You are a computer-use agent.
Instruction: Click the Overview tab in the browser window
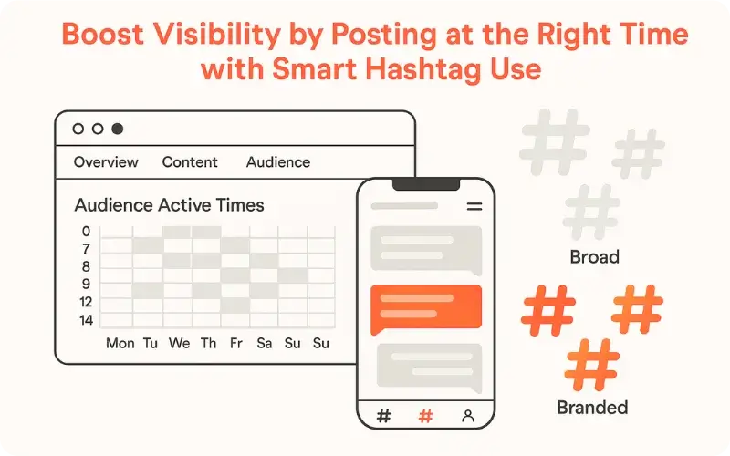(x=106, y=162)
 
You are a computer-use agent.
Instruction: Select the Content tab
(x=190, y=162)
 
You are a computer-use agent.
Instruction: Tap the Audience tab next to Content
(x=278, y=162)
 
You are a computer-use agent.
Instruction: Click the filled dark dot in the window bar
(x=117, y=130)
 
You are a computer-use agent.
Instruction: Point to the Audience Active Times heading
(x=169, y=205)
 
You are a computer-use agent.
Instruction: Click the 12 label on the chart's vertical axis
(x=86, y=302)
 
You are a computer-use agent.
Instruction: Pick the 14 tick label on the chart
(x=86, y=320)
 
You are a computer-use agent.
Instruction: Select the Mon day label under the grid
(x=120, y=344)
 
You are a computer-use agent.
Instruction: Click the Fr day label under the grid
(x=236, y=344)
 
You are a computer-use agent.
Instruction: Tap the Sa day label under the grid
(x=265, y=344)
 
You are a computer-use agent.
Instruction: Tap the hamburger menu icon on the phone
(x=474, y=207)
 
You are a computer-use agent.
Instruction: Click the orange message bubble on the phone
(x=425, y=308)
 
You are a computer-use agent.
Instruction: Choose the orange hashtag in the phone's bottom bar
(x=425, y=416)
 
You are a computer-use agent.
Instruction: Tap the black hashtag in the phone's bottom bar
(x=383, y=416)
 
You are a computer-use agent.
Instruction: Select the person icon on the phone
(x=468, y=416)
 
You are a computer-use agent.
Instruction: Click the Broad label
(x=594, y=257)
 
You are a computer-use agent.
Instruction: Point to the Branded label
(x=592, y=407)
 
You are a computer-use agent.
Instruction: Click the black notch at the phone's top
(x=425, y=184)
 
